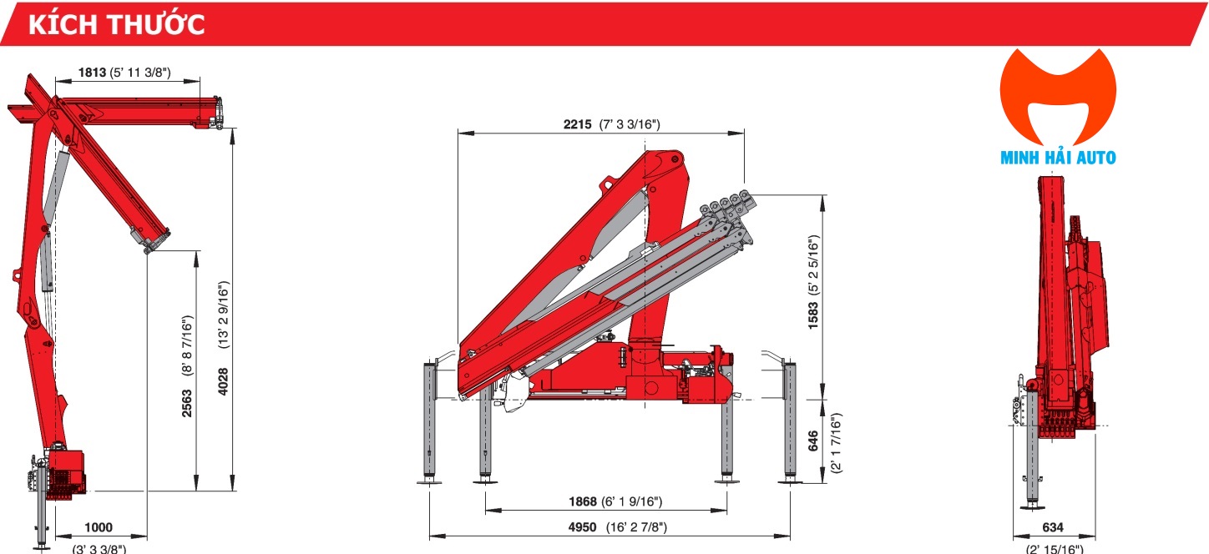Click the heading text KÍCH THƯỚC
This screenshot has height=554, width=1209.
coord(117,24)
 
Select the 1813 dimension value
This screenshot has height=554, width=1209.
coord(93,73)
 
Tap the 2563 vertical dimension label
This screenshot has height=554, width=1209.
coord(187,404)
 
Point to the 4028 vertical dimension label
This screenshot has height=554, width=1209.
coord(222,382)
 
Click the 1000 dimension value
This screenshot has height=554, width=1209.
coord(99,527)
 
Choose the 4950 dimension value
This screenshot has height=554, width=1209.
coord(581,527)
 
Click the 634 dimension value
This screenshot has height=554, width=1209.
coord(1054,527)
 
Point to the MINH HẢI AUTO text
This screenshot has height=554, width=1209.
coord(1058,157)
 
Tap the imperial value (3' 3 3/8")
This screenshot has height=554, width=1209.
coord(99,548)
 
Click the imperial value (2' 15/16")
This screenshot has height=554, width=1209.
coord(1055,548)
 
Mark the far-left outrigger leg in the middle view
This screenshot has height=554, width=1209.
coord(433,421)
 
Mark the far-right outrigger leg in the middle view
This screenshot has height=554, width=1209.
coord(788,421)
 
